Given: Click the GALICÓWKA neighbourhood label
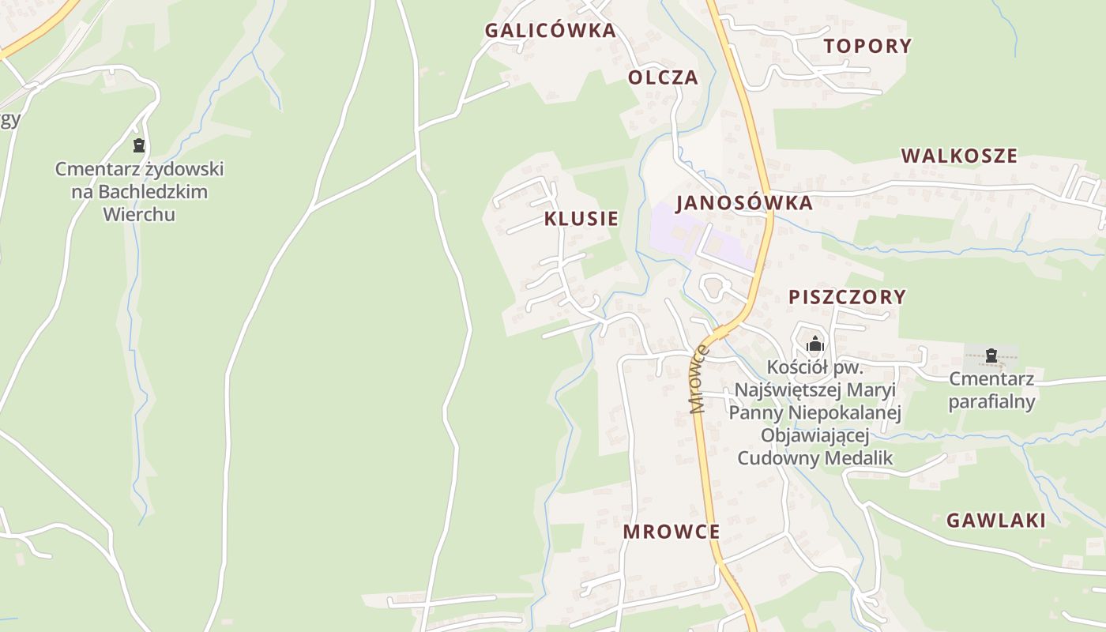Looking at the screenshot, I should coord(550,31).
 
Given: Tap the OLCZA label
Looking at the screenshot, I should coord(663,77).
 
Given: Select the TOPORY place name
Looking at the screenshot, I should coord(867,46).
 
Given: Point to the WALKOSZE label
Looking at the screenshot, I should coord(959,156).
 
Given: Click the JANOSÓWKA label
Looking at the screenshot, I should coord(743,203).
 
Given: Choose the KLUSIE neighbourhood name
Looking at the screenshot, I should coord(581,219).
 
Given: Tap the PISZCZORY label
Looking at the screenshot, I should coord(847,297).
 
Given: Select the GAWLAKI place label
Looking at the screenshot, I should coord(995,521).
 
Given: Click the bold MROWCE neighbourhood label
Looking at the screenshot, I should coord(671,532).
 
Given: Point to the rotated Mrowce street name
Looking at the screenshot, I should coord(698,378).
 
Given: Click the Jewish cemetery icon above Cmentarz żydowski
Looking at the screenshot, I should coord(139,145).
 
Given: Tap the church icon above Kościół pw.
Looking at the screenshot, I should coord(815,344).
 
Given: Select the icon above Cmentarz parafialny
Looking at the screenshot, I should coord(991,355).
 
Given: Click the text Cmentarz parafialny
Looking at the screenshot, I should coord(991,390).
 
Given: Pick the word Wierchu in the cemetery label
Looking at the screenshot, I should coord(139,214).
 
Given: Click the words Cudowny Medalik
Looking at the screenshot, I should coord(814,458).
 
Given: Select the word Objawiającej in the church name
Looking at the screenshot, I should coord(814,436).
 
